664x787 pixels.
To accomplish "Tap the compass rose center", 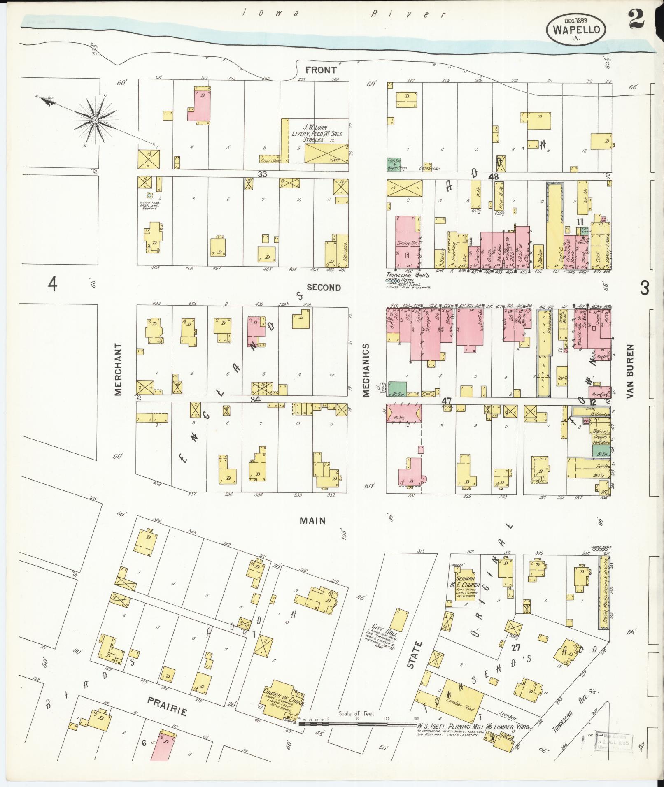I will click(95, 120).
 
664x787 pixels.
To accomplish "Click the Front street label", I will click(321, 70).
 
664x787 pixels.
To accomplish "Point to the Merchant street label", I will click(119, 369).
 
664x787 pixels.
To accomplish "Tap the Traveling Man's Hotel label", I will click(408, 277).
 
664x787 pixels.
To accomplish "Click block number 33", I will click(262, 174).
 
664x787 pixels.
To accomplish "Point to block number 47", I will click(447, 400).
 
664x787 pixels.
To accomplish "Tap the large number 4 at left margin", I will click(52, 284).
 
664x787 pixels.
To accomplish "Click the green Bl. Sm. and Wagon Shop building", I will click(394, 164).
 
